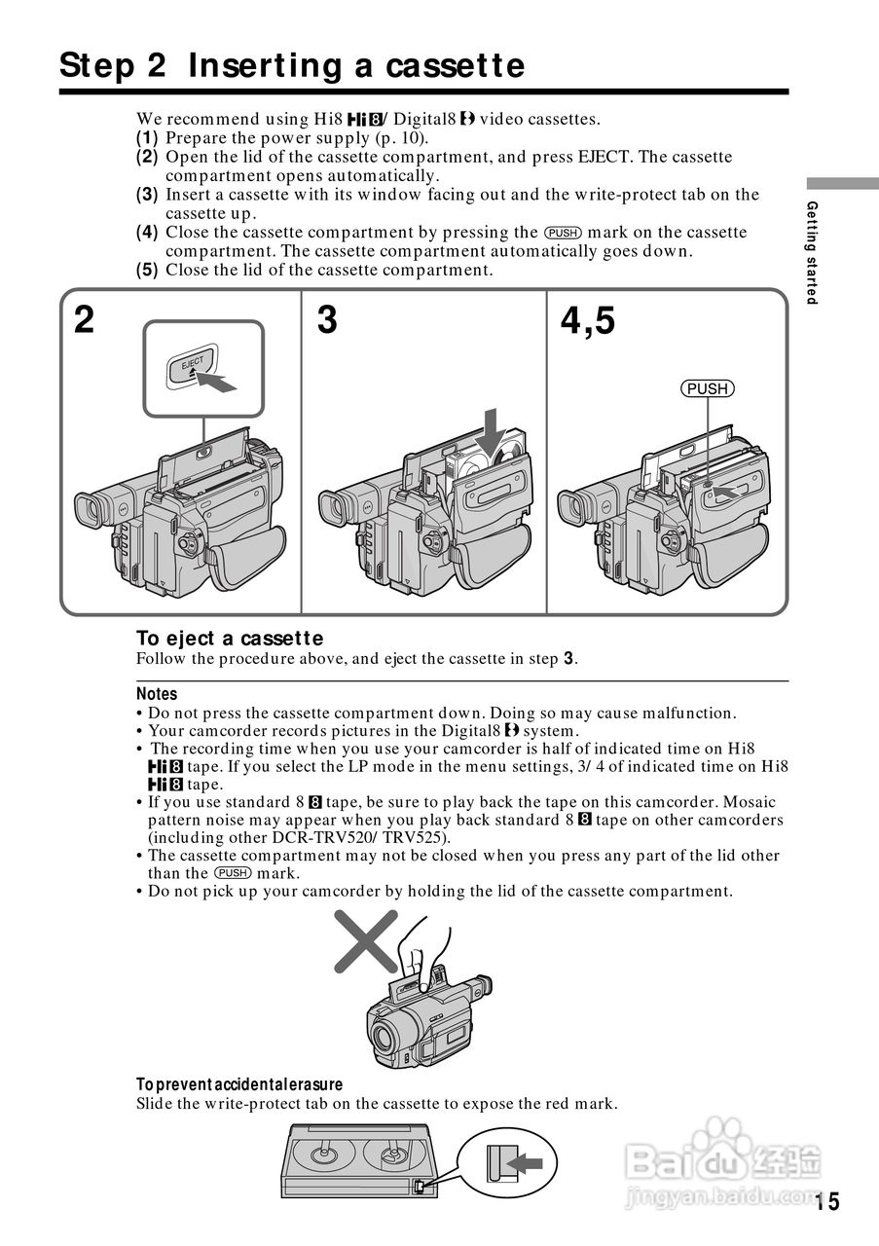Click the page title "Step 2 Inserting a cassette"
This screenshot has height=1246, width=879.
coord(292,66)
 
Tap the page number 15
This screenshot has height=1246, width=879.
coord(828,1201)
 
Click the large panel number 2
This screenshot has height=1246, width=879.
coord(85,319)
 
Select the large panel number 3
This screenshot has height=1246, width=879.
coord(327,319)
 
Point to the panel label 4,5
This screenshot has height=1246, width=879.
coord(588,319)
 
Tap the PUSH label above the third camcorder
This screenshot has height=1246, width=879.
coord(707,389)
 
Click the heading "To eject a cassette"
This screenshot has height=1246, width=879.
coord(229,639)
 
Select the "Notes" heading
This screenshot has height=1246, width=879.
coord(157,694)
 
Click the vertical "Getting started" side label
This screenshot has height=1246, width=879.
coord(812,252)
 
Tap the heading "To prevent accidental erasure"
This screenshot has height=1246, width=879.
coord(239,1084)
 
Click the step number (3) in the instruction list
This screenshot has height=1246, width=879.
coord(147,195)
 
